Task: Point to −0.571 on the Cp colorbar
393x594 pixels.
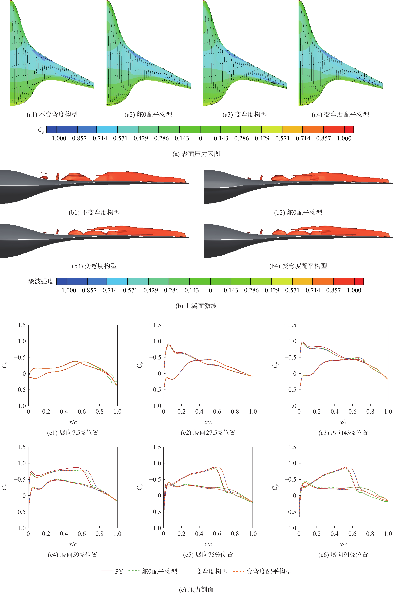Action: coord(119,138)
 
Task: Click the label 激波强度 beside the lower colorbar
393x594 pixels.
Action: coord(41,281)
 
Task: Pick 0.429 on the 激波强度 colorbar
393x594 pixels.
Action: coord(272,290)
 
